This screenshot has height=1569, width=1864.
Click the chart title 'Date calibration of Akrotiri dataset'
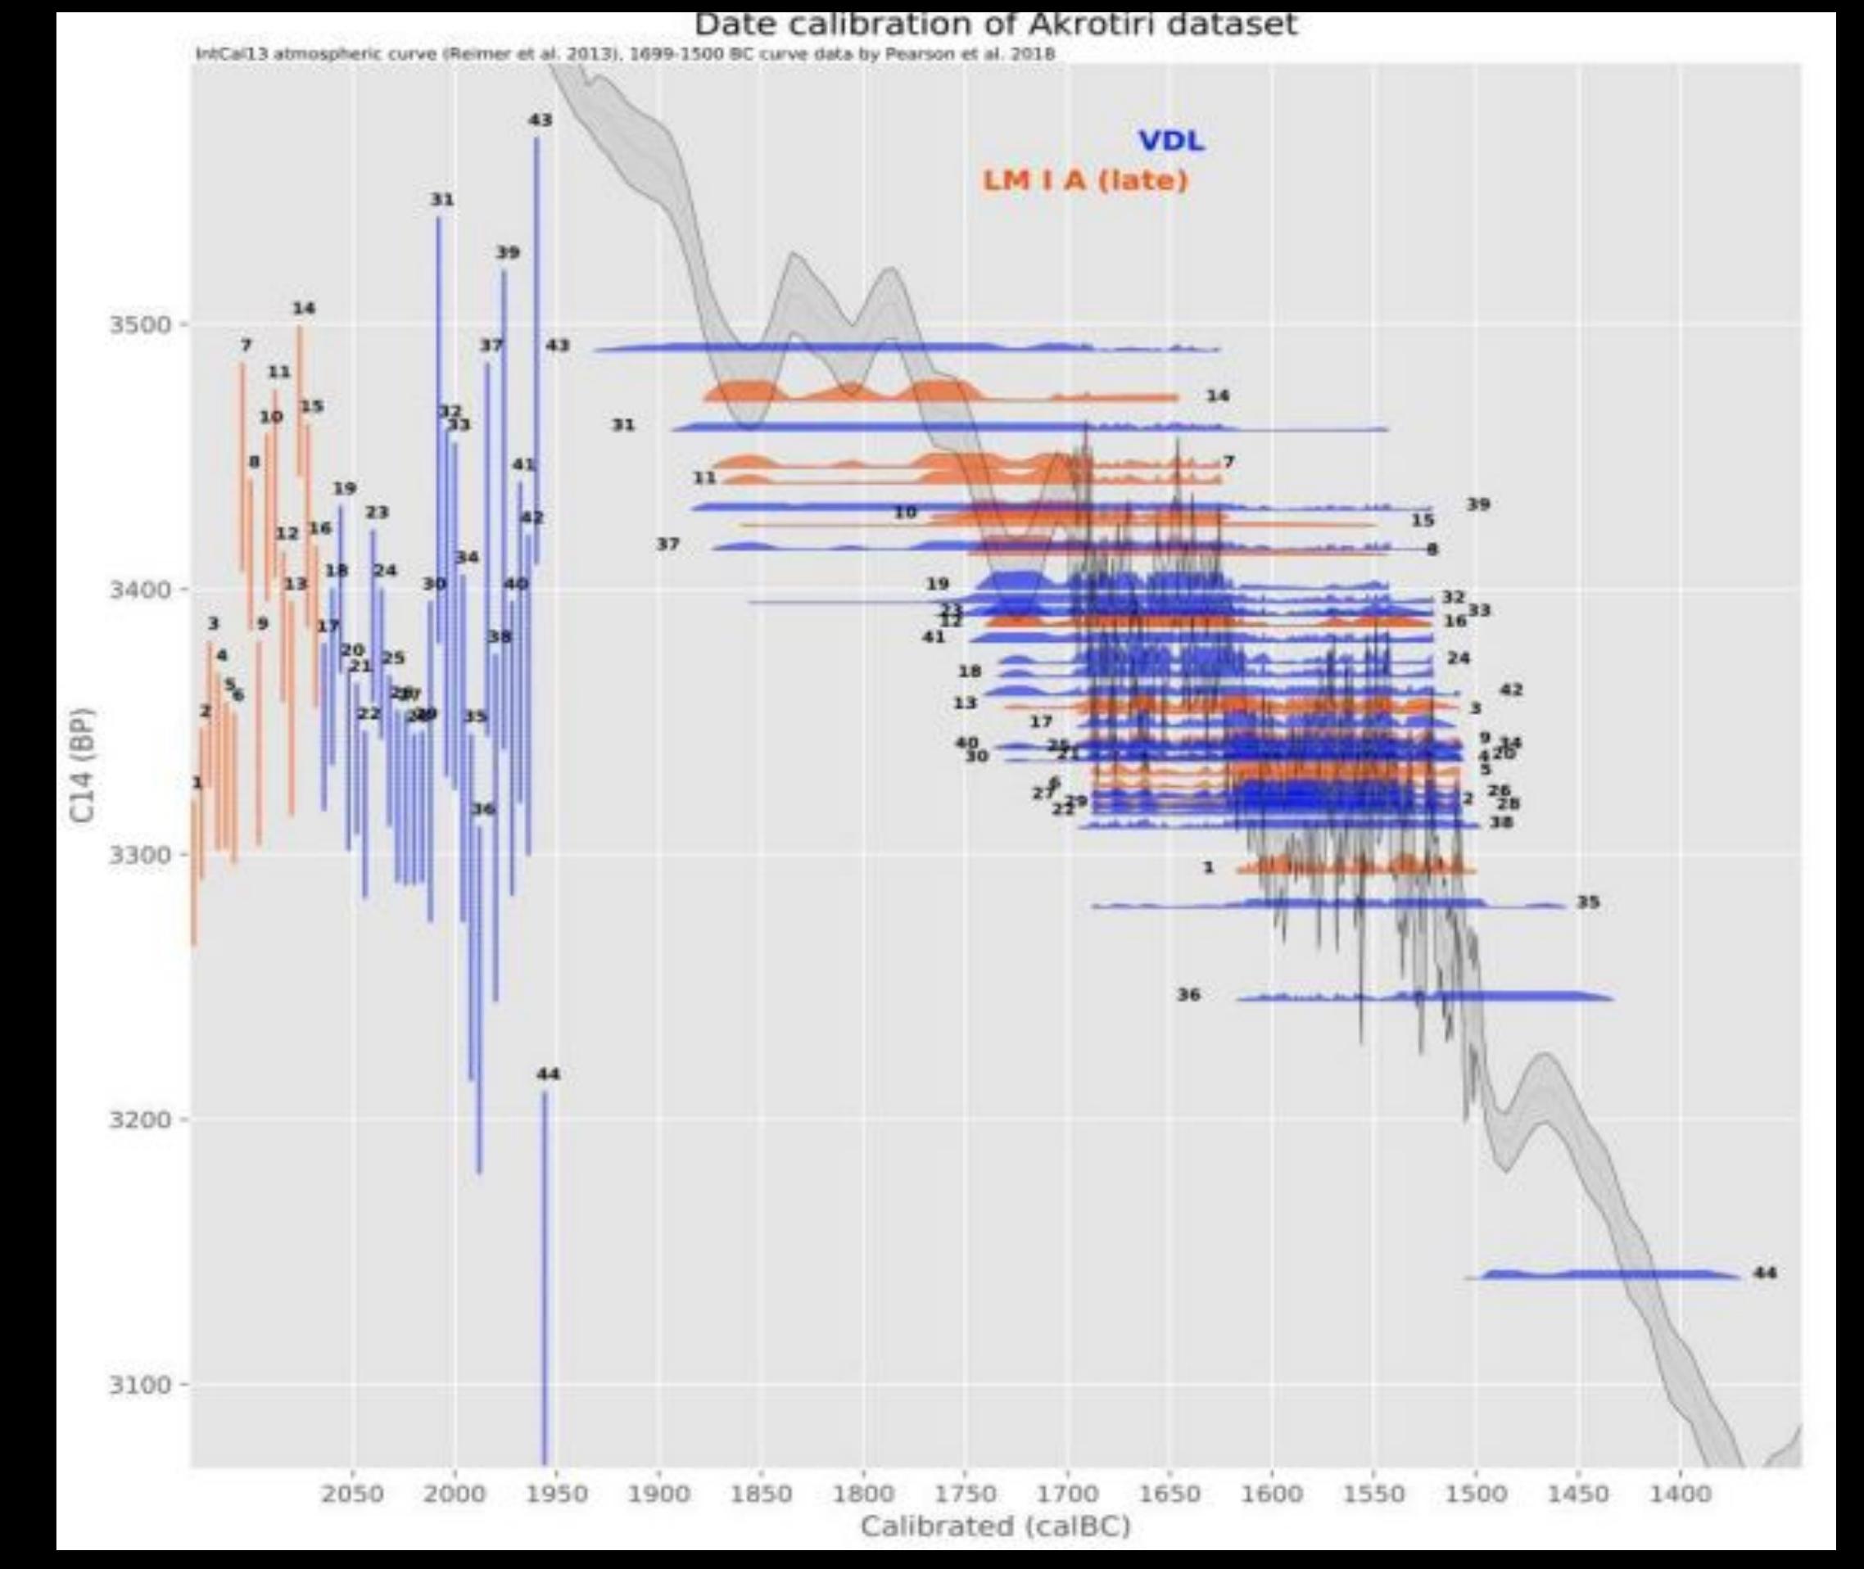tap(995, 24)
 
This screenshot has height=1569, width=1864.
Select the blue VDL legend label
tap(1171, 141)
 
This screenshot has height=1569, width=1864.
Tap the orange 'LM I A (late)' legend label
tap(1085, 180)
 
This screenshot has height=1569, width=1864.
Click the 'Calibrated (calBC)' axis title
tap(995, 1526)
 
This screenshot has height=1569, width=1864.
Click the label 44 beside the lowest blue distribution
tap(1764, 1273)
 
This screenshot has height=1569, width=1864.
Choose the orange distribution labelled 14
tap(934, 392)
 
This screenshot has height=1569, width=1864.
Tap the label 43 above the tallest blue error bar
tap(540, 120)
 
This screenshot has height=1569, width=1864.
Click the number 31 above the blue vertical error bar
tap(442, 200)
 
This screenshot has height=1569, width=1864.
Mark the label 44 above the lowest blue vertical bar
tap(549, 1074)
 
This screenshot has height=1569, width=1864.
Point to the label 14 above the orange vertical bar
tap(303, 309)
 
